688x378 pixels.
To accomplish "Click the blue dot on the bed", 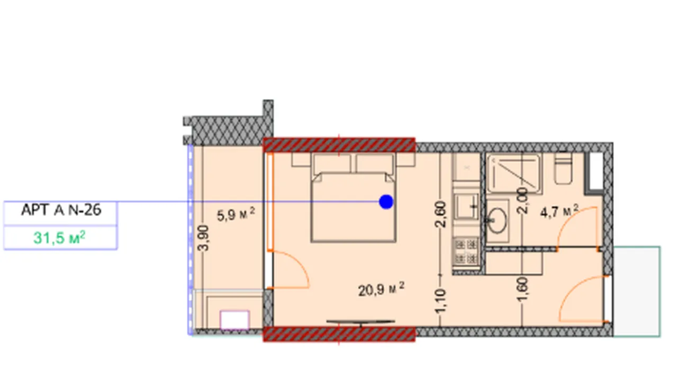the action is [386, 202].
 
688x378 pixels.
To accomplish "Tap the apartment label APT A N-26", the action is [61, 210].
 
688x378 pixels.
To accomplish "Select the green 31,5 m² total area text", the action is [59, 238].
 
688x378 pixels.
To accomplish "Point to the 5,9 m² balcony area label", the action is [236, 214].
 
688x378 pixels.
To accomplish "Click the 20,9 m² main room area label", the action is [381, 289].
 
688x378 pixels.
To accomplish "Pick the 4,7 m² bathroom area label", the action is [559, 211].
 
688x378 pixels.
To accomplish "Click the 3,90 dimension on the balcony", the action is [203, 238].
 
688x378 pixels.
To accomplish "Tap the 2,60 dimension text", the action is [440, 214].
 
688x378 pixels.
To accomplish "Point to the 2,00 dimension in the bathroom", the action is [522, 201].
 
